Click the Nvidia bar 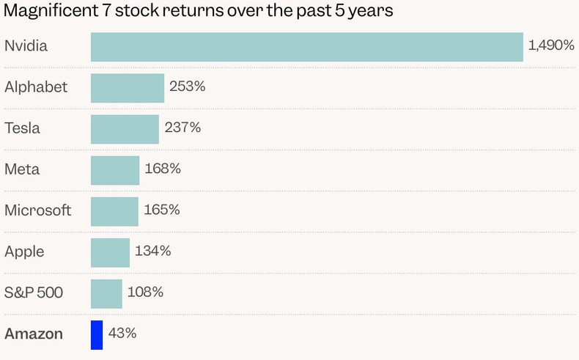point(306,46)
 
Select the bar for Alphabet point(128,87)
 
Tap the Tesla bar point(125,128)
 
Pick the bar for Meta point(115,169)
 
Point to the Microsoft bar point(114,210)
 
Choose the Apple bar point(110,251)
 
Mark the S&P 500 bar point(106,293)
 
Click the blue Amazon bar point(97,334)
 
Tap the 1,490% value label point(551,45)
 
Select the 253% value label point(187,87)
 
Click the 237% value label point(182,128)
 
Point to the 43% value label point(122,334)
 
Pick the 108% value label point(145,292)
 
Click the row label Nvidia point(26,45)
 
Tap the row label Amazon point(34,334)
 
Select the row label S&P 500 point(34,293)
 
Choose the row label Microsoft point(38,210)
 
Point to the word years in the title point(373,12)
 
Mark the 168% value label point(163,169)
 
